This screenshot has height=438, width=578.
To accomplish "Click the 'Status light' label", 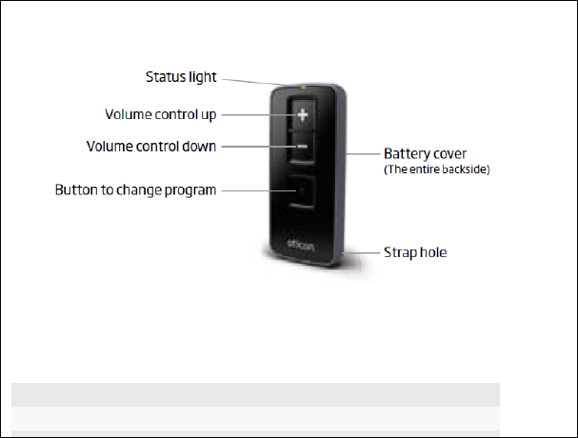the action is coord(180,76).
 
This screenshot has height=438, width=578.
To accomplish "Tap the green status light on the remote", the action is coord(302,89).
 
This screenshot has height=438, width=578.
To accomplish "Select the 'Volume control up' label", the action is coord(160,115).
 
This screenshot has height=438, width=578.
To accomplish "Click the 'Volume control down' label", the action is coord(151,147).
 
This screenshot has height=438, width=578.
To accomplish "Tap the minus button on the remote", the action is coord(302,147).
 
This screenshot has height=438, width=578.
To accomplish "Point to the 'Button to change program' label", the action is coord(136,189).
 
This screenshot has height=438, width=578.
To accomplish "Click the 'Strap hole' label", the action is coord(414,252).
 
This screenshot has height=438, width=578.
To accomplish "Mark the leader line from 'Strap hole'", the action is coord(368,252).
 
